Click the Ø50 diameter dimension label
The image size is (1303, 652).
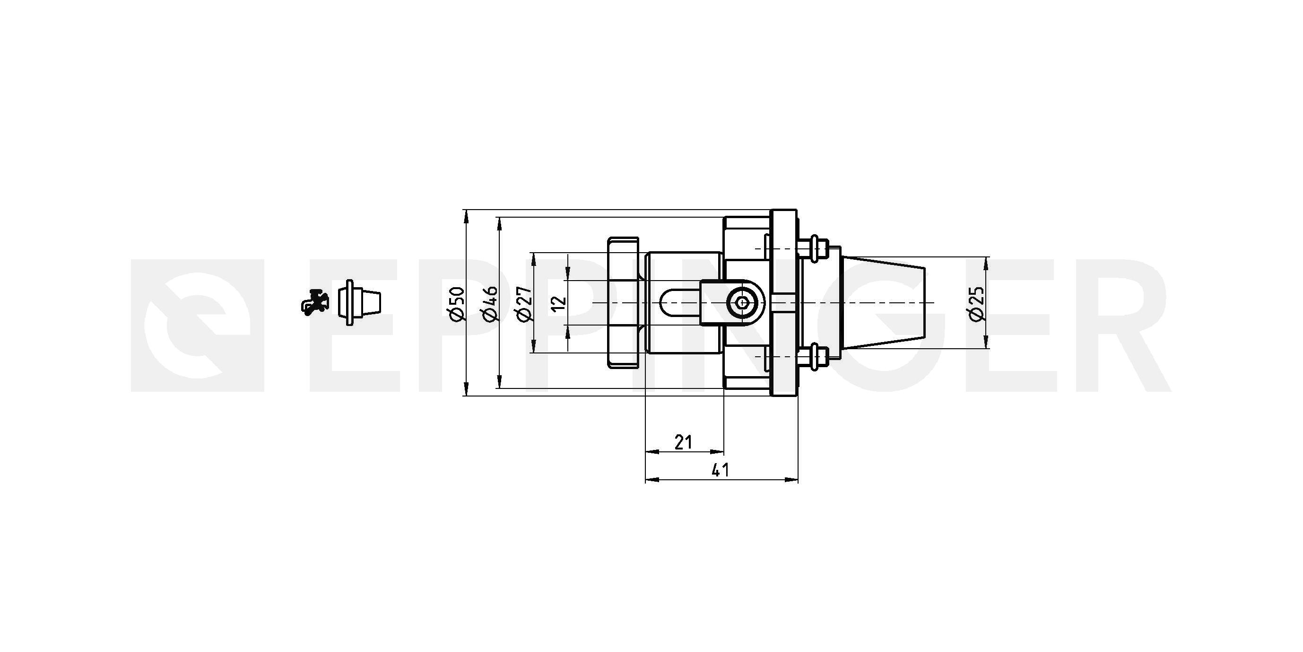click(x=456, y=304)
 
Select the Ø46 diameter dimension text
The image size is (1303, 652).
click(x=490, y=304)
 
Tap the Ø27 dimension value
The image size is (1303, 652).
click(x=524, y=304)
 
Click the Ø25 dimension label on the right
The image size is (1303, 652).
click(x=976, y=303)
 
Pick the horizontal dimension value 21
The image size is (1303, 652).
click(x=683, y=442)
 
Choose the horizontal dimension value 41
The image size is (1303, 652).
click(x=721, y=470)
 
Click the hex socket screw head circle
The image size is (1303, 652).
click(x=742, y=303)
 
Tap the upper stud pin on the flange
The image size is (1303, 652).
click(x=814, y=248)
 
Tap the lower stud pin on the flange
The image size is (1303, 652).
click(x=814, y=357)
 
